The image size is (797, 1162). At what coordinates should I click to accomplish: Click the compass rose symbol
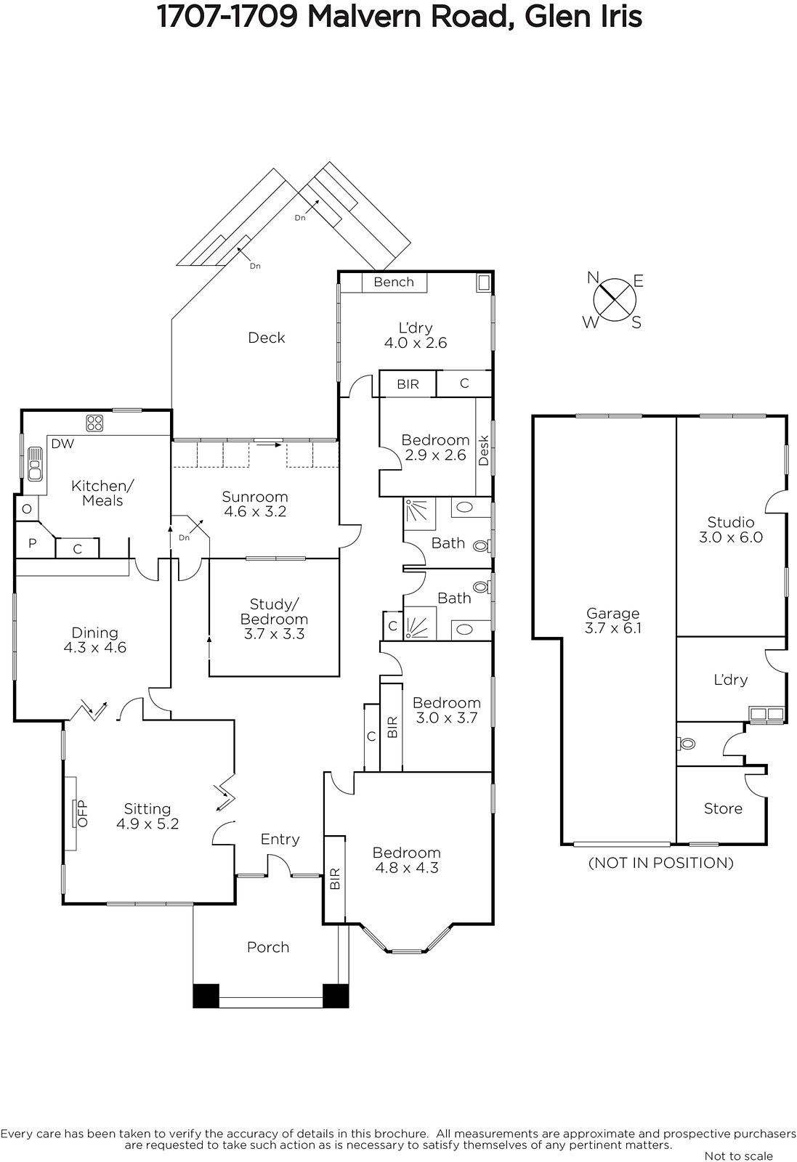tap(615, 300)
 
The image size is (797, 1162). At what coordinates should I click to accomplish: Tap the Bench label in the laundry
tap(394, 282)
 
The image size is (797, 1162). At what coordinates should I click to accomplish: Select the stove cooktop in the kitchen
tap(95, 423)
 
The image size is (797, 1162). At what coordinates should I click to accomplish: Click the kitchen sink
tap(35, 463)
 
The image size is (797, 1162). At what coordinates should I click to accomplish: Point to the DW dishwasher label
tap(62, 444)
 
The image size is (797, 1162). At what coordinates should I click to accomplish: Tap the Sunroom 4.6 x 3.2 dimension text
tap(255, 511)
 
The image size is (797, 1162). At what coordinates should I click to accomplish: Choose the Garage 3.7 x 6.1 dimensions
tap(612, 628)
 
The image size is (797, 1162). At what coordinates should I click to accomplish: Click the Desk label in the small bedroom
tap(484, 450)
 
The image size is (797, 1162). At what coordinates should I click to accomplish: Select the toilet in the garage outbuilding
tap(687, 744)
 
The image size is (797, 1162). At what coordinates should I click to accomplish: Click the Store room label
tap(723, 808)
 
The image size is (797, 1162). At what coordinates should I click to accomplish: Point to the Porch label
tap(268, 947)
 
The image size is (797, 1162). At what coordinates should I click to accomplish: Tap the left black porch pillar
tap(206, 996)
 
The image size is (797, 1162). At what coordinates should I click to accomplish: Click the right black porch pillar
tap(336, 996)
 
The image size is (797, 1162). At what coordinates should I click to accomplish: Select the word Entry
tap(280, 840)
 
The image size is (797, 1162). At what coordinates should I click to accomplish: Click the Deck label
tap(267, 338)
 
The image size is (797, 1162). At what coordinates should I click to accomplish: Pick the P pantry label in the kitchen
tap(32, 543)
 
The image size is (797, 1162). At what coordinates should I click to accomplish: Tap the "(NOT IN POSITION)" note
tap(660, 863)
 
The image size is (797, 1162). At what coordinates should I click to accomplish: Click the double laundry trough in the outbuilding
tap(766, 714)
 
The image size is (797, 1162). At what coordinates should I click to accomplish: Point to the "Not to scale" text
tap(738, 1155)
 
